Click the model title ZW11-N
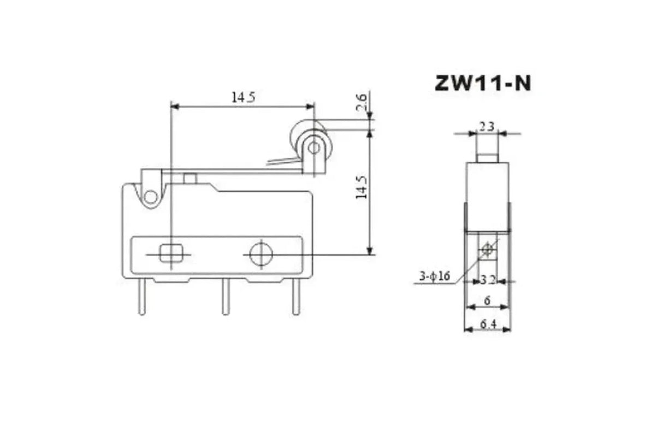(x=482, y=83)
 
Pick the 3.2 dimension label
(x=488, y=280)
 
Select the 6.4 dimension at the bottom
(x=487, y=325)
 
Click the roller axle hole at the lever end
(x=313, y=147)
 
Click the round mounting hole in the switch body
(x=261, y=254)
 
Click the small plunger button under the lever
(x=190, y=179)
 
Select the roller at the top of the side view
(x=487, y=146)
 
